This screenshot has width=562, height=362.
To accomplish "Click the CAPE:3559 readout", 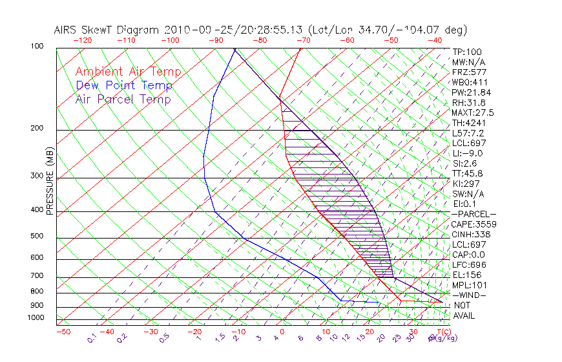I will (472, 224).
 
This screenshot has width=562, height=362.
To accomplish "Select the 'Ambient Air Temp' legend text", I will (128, 72).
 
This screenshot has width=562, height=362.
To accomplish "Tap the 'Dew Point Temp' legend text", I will (124, 85).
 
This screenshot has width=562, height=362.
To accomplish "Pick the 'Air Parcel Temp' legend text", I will (123, 99).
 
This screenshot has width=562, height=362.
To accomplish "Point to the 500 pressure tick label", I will (37, 237).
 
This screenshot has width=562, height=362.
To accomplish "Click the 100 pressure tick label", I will (37, 47).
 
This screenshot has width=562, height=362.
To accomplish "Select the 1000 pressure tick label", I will (35, 318).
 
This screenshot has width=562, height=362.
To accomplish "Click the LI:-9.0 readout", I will (467, 153).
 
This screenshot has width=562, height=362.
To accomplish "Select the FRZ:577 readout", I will (468, 72).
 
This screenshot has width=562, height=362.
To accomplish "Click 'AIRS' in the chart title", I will (67, 30).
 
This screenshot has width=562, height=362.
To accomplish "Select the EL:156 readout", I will (465, 275).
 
